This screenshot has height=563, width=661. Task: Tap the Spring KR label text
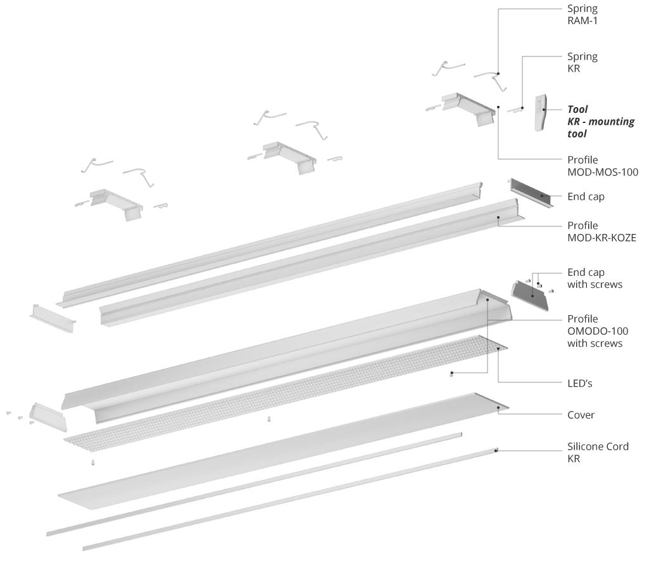point(582,62)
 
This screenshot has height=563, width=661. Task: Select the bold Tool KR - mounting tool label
point(600,121)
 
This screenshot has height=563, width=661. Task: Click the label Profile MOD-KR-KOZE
point(601,231)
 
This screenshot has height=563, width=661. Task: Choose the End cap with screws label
point(595,278)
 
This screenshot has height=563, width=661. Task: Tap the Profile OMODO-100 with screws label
point(597,331)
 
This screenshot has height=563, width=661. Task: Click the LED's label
point(580,384)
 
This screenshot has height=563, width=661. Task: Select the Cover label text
point(581,415)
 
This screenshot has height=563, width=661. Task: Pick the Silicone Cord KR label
point(598,452)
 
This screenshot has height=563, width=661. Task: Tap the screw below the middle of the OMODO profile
point(270,419)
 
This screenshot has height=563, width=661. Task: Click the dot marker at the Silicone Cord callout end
point(496,450)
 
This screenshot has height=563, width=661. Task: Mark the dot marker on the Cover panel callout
point(499,408)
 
